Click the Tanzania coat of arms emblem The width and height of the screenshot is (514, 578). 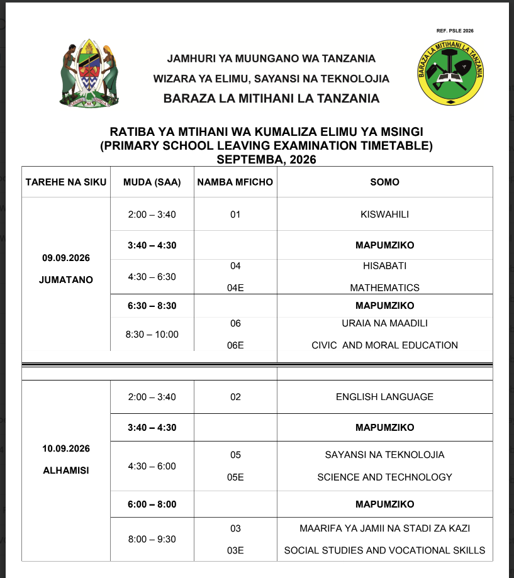(x=90, y=74)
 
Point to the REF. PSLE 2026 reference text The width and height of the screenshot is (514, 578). (x=454, y=30)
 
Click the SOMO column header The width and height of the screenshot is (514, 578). (x=384, y=182)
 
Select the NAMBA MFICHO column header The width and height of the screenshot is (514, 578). (x=235, y=182)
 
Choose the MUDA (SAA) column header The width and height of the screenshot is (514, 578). (x=152, y=182)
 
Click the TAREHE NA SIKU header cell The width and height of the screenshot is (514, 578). (x=66, y=182)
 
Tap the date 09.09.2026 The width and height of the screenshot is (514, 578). (x=66, y=258)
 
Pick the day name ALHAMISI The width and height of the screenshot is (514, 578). (x=66, y=470)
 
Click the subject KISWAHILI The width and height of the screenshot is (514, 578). (x=384, y=214)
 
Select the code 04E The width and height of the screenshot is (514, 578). (x=235, y=287)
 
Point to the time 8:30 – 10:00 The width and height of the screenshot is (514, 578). (x=152, y=334)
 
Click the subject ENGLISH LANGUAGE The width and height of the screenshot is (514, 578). (x=384, y=397)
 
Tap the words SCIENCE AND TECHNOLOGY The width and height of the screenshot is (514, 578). (x=384, y=477)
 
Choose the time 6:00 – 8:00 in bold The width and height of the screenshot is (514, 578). (x=152, y=504)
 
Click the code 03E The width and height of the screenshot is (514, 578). (x=235, y=550)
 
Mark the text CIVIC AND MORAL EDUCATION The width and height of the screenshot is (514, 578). (x=384, y=345)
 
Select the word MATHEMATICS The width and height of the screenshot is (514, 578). (x=384, y=287)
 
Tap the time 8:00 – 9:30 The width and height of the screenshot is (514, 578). (x=152, y=539)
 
